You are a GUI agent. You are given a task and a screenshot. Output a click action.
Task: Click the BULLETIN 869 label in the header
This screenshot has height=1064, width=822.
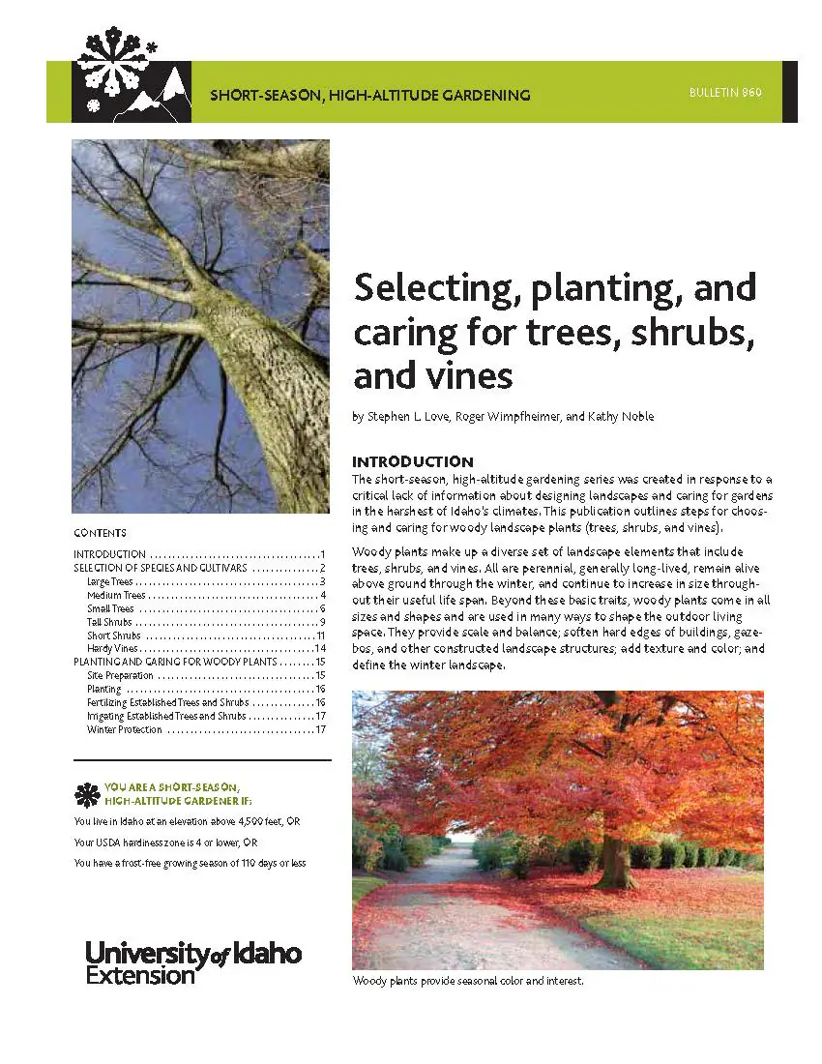pyautogui.click(x=725, y=93)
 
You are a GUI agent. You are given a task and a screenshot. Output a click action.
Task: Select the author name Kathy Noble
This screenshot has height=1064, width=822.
pyautogui.click(x=620, y=417)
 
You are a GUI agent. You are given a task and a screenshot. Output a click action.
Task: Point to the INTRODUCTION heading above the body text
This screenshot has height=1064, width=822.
pyautogui.click(x=412, y=461)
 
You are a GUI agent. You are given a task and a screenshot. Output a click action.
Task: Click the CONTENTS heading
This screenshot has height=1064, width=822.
pyautogui.click(x=100, y=533)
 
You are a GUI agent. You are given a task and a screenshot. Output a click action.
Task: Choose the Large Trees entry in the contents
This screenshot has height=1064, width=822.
pyautogui.click(x=109, y=581)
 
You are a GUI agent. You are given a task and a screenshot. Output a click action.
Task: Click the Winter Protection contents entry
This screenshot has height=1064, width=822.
pyautogui.click(x=125, y=729)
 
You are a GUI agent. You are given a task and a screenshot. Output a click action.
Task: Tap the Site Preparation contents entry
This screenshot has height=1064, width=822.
pyautogui.click(x=120, y=675)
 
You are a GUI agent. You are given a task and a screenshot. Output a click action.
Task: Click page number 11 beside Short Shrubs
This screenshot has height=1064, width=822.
pyautogui.click(x=320, y=635)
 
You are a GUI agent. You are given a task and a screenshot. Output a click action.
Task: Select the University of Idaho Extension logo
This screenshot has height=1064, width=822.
pyautogui.click(x=193, y=961)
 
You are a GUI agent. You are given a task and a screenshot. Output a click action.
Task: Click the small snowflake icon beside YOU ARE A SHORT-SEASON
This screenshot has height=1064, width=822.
pyautogui.click(x=87, y=795)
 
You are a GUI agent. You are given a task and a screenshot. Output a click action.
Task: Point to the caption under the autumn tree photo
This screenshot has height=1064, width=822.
pyautogui.click(x=468, y=981)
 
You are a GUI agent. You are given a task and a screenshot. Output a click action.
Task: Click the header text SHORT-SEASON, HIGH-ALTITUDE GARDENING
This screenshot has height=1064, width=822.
pyautogui.click(x=369, y=96)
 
